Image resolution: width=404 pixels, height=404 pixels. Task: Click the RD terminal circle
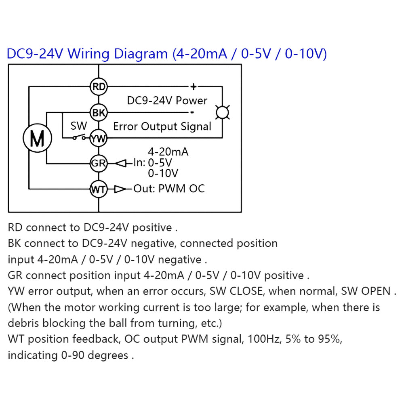(x=99, y=86)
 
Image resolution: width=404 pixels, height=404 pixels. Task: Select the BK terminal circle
(x=99, y=113)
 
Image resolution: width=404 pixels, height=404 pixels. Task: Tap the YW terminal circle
(x=99, y=139)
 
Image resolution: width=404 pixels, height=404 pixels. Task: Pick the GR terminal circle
(x=99, y=164)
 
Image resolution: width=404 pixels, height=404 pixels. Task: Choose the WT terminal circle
(x=99, y=189)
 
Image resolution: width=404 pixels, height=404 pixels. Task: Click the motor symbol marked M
(x=38, y=139)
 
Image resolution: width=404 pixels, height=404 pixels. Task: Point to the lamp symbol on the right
(x=222, y=113)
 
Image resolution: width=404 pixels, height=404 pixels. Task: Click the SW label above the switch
(x=78, y=126)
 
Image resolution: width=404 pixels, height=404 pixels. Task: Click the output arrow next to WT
(x=120, y=189)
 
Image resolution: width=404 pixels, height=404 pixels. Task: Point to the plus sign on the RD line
(x=194, y=86)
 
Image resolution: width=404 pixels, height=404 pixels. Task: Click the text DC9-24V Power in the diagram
(x=167, y=100)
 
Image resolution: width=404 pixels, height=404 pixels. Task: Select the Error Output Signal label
(x=162, y=126)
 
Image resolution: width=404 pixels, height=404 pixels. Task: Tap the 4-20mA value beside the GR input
(x=168, y=152)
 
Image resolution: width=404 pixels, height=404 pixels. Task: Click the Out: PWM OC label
(x=169, y=189)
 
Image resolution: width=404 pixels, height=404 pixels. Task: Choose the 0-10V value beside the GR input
(x=163, y=174)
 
